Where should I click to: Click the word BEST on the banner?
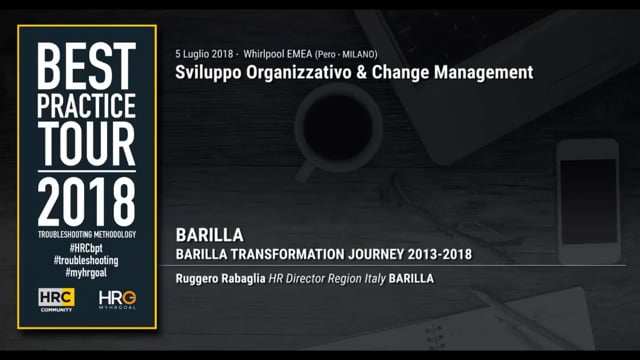click(85, 65)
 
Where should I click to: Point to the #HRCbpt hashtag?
click(85, 247)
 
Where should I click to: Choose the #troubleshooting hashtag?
click(85, 259)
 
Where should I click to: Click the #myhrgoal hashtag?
click(85, 271)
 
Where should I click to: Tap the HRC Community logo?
click(57, 298)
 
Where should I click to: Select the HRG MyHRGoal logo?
click(116, 298)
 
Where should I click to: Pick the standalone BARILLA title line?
click(209, 235)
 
